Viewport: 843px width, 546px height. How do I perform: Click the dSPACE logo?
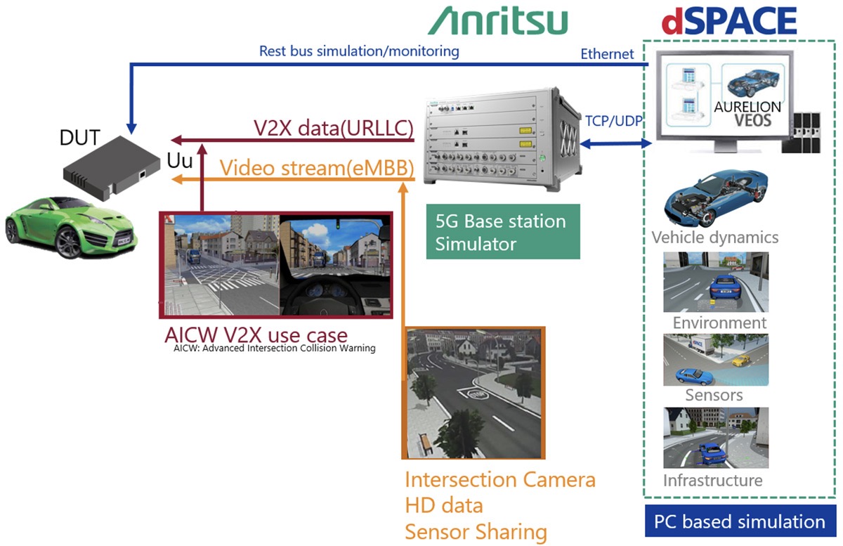(729, 21)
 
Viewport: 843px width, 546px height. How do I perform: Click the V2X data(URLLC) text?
(333, 129)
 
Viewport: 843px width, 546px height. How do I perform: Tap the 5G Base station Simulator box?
(503, 232)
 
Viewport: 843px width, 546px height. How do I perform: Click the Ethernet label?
(607, 54)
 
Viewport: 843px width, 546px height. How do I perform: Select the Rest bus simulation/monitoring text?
(359, 51)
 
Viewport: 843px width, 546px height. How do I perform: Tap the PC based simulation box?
(740, 522)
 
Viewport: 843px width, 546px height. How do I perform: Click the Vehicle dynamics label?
(714, 237)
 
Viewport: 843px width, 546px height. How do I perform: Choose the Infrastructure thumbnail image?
(714, 438)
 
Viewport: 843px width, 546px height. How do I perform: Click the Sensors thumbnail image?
(715, 359)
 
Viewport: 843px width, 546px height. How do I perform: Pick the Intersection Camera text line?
(500, 480)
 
